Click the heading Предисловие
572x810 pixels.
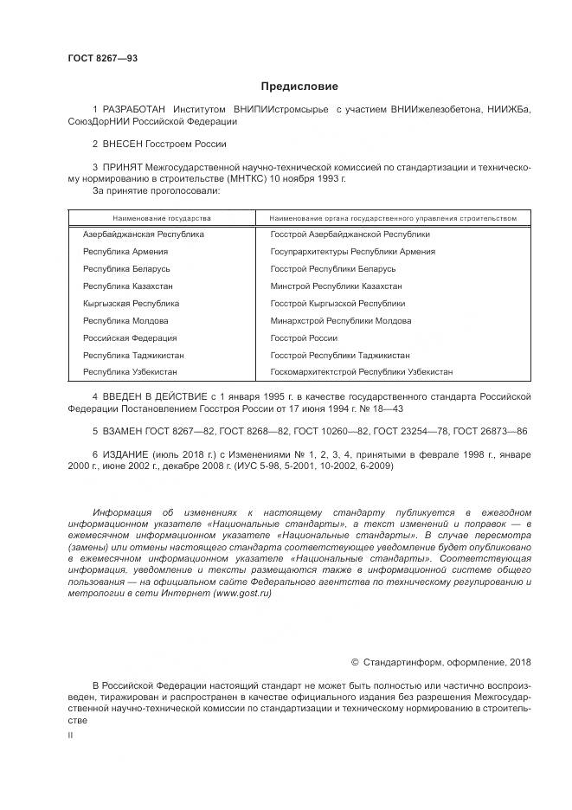[299, 87]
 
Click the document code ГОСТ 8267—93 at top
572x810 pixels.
[103, 59]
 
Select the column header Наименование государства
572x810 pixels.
[161, 218]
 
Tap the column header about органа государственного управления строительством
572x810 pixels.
[393, 218]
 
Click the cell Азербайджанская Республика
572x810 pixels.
[144, 235]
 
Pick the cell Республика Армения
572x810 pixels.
[125, 252]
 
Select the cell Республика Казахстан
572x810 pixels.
[127, 286]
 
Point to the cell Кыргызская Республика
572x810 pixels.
[131, 304]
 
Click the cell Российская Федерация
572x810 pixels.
[130, 338]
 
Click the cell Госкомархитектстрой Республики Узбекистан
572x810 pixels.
[361, 372]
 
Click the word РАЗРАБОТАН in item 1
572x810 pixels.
[134, 110]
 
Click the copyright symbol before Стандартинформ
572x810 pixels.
[355, 662]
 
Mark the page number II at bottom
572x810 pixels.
[70, 735]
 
